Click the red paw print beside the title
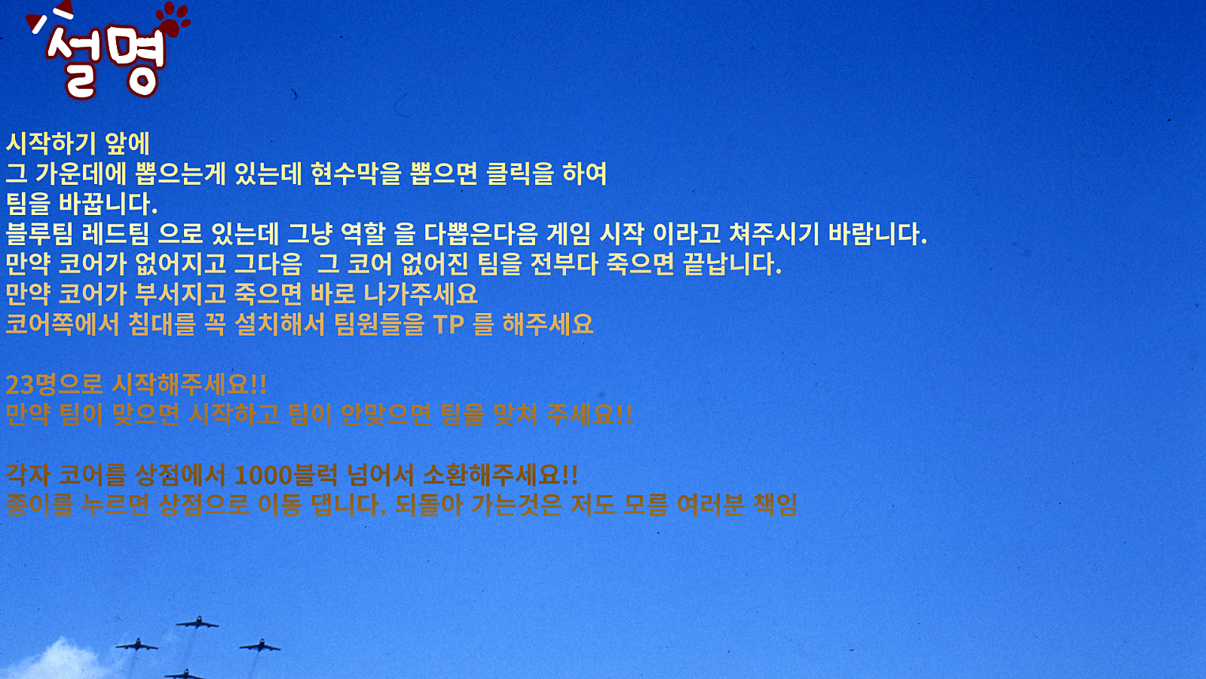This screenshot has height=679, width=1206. pyautogui.click(x=173, y=20)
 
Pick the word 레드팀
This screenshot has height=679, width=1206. pyautogui.click(x=115, y=234)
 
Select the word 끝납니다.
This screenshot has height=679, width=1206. pyautogui.click(x=732, y=264)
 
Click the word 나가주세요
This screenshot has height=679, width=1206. pyautogui.click(x=421, y=294)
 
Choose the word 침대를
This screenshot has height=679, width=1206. pyautogui.click(x=161, y=324)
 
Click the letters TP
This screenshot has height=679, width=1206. pyautogui.click(x=448, y=324)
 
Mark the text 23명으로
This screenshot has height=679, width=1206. pyautogui.click(x=54, y=385)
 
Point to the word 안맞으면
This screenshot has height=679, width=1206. pyautogui.click(x=386, y=415)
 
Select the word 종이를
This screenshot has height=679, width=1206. pyautogui.click(x=38, y=505)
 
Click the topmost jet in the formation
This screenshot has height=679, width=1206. pyautogui.click(x=197, y=623)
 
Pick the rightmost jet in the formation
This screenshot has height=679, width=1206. pyautogui.click(x=260, y=646)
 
